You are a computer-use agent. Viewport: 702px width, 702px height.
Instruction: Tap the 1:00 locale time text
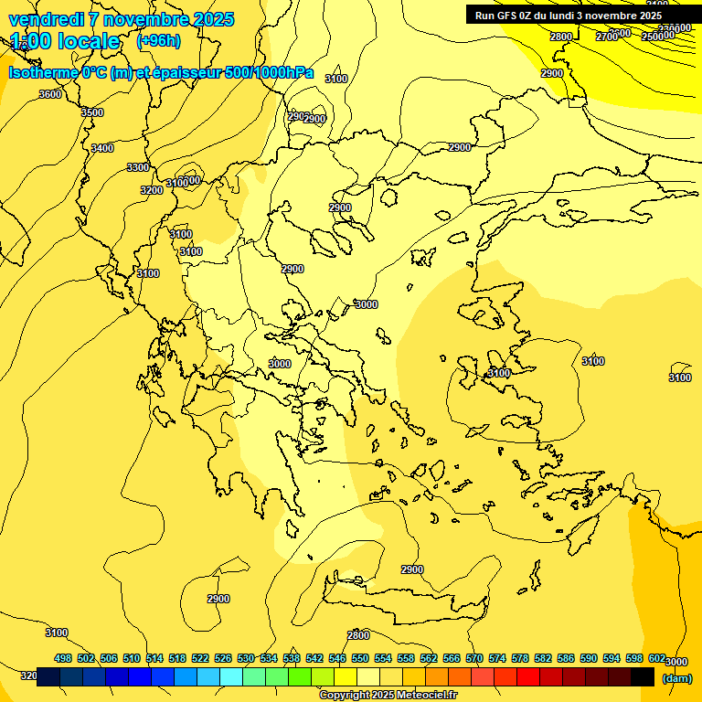[65, 41]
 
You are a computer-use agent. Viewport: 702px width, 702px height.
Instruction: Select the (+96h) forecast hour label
[158, 41]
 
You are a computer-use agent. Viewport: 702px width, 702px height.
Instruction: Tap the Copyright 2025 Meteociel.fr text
[388, 695]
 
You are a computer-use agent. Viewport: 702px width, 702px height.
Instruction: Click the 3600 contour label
[50, 94]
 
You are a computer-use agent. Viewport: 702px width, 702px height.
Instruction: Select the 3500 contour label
[92, 112]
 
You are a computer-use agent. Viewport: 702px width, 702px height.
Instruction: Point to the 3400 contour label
[102, 148]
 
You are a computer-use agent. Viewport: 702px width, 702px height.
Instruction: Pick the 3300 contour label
[138, 167]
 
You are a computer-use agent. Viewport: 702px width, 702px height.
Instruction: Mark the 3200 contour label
[152, 190]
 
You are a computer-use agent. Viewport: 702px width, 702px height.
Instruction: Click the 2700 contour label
[606, 37]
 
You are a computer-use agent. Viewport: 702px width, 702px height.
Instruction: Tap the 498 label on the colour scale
[63, 658]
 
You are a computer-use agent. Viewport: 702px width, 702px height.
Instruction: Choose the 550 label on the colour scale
[360, 658]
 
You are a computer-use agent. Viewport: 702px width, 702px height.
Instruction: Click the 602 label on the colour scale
[657, 658]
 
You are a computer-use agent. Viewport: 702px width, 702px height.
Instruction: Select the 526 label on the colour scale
[223, 658]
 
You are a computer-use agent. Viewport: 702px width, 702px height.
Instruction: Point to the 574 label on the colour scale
[497, 658]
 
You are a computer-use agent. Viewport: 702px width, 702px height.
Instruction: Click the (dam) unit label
[677, 677]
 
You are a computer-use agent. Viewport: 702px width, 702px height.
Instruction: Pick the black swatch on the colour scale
[643, 676]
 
